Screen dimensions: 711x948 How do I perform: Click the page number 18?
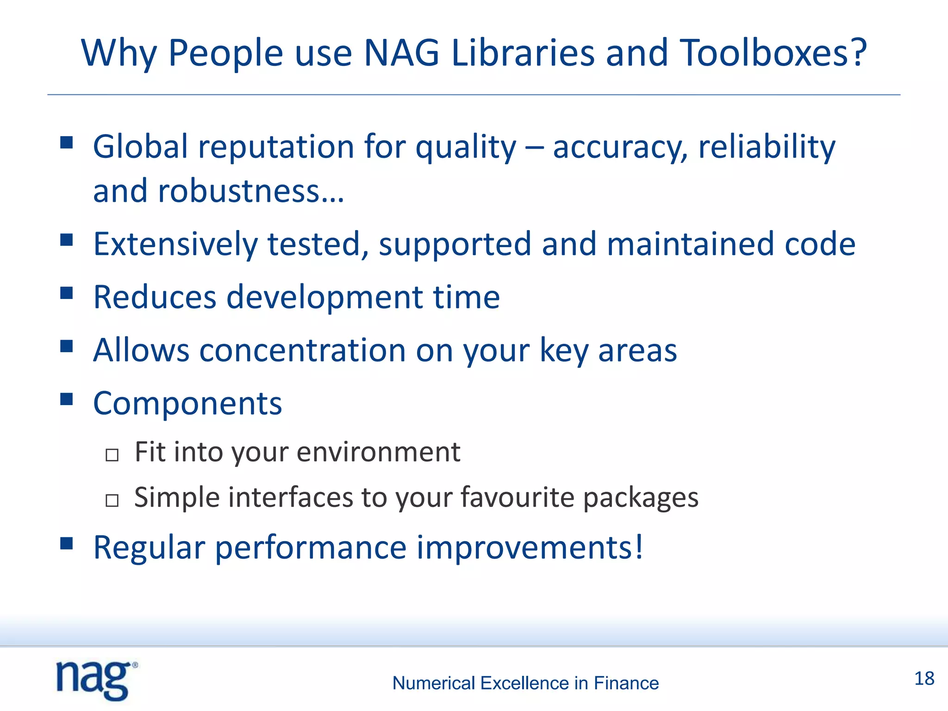click(924, 679)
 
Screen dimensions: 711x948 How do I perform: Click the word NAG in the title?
click(401, 53)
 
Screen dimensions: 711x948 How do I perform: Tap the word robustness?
click(238, 191)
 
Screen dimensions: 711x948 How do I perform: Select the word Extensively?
click(175, 244)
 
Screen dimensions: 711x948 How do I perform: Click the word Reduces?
click(155, 297)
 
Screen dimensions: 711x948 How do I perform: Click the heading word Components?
click(187, 404)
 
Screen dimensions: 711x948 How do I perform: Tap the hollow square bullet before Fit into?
click(112, 455)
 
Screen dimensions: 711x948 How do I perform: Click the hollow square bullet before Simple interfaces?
click(112, 500)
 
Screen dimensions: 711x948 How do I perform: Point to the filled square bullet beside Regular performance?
click(67, 543)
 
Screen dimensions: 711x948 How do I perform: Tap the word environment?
click(378, 452)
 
